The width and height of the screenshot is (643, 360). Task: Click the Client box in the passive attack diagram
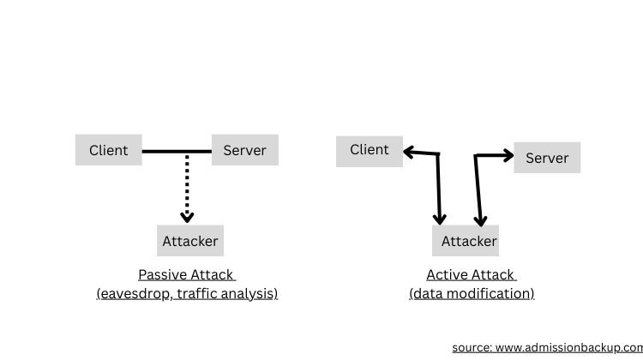[109, 150]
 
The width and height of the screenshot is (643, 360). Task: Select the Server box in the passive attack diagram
[244, 150]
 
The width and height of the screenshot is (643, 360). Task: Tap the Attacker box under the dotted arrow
[190, 241]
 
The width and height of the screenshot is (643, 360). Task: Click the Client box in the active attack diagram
[369, 150]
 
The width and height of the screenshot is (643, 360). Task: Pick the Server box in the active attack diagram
[547, 158]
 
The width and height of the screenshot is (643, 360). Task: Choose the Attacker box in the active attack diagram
[468, 241]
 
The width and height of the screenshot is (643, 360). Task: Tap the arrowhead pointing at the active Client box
[409, 153]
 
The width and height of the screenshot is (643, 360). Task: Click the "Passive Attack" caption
[186, 275]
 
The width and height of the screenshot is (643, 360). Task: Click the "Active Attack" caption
[471, 275]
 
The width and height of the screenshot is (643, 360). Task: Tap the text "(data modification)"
[472, 293]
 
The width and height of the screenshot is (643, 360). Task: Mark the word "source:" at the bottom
[472, 347]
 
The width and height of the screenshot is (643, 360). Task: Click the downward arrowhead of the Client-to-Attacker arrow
[440, 219]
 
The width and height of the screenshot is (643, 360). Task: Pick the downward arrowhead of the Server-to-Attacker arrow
[480, 219]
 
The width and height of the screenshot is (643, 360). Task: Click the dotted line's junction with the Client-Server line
[187, 153]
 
